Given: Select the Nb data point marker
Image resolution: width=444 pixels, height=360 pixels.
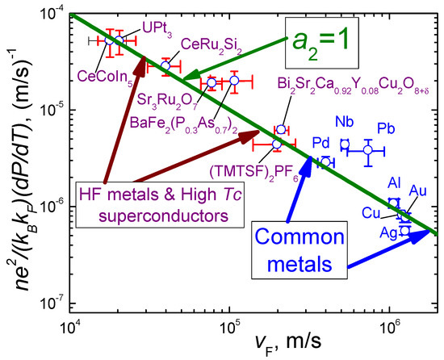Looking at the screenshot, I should coord(345,144).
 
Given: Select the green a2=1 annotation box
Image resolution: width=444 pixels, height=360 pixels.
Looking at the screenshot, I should coord(318,40).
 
